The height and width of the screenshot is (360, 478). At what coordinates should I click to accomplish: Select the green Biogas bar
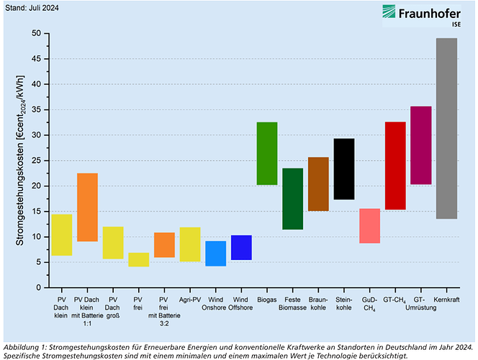(267, 153)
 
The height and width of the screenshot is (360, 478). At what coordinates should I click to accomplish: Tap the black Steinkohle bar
(344, 169)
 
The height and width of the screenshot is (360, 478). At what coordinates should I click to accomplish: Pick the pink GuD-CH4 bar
(369, 226)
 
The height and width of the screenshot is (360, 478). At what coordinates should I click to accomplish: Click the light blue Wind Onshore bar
(215, 253)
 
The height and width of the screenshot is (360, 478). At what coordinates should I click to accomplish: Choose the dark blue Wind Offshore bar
(241, 248)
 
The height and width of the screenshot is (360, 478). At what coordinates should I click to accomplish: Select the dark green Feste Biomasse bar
(292, 199)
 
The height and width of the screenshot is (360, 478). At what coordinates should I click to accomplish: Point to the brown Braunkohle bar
(318, 184)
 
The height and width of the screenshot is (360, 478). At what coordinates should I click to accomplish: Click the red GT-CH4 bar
(395, 166)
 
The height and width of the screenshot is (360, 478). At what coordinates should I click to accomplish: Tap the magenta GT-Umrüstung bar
(421, 145)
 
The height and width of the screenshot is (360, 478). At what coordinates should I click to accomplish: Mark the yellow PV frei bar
(138, 260)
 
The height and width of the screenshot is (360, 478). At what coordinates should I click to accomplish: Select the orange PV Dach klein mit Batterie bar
(87, 207)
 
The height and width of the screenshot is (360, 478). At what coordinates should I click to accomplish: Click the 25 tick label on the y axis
(36, 161)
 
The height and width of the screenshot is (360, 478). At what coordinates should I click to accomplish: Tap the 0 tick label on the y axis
(38, 287)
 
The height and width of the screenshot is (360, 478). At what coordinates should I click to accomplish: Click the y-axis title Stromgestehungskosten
(21, 160)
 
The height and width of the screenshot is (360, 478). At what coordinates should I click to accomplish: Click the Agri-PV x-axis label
(189, 298)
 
